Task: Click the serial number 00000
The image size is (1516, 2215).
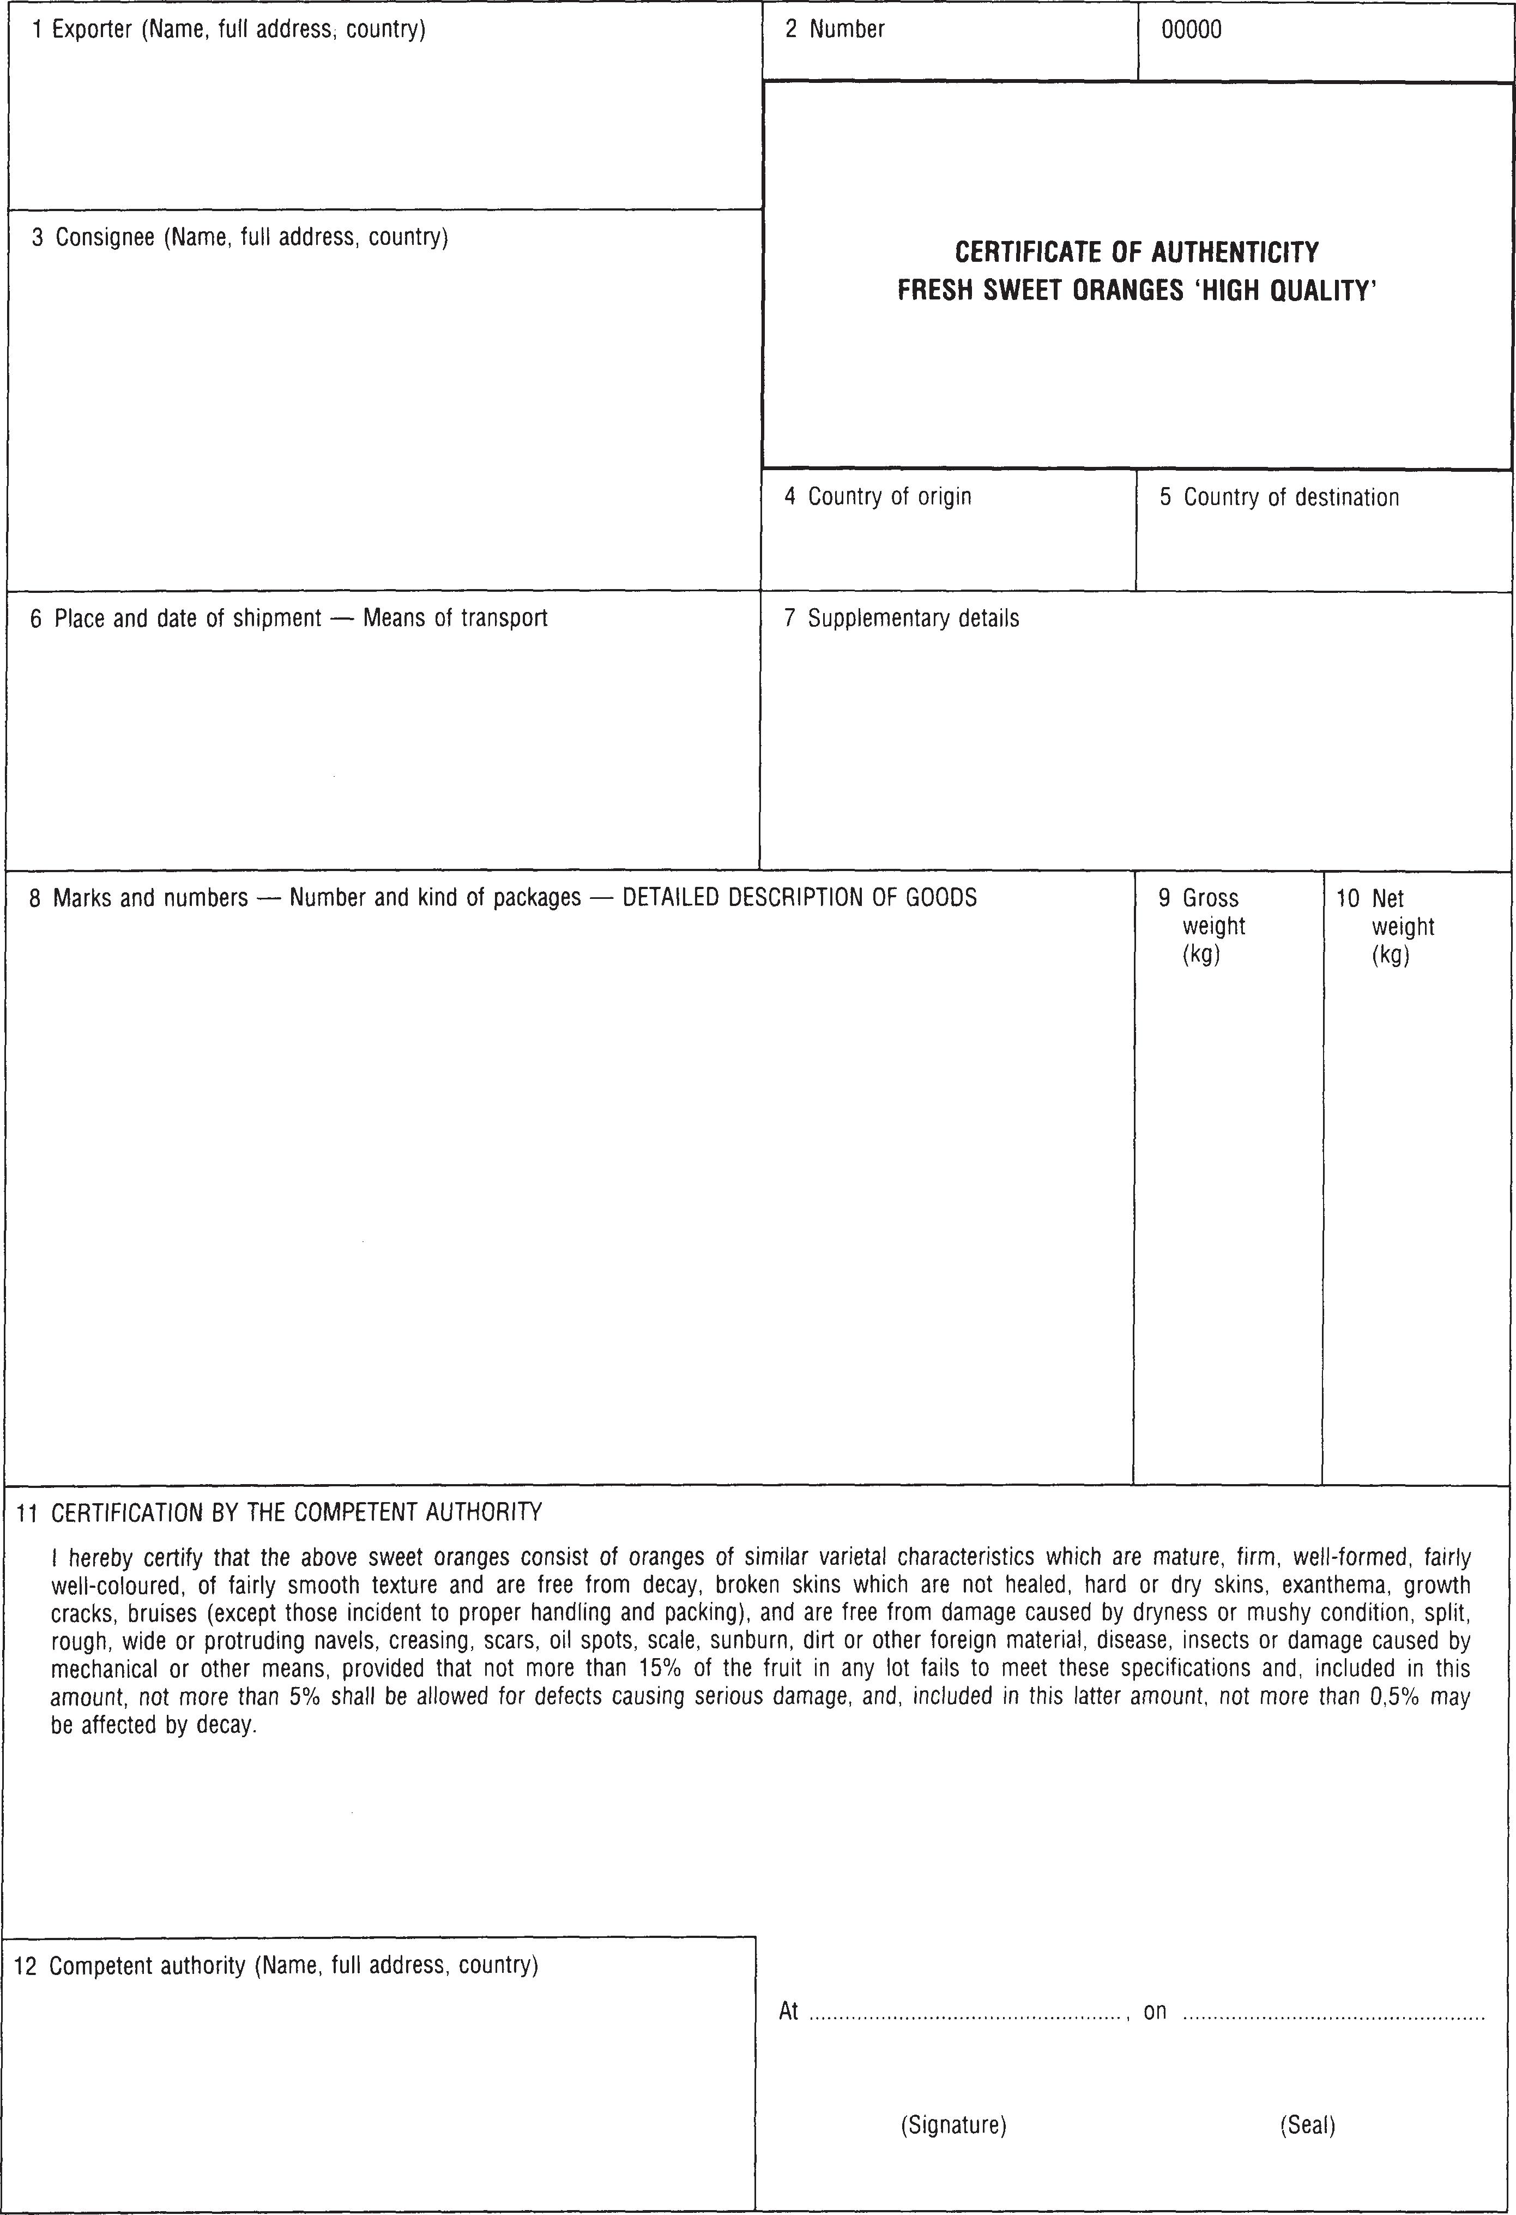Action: (x=1191, y=29)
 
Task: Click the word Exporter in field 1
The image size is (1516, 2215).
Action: (x=92, y=29)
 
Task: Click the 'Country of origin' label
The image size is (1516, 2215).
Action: (x=889, y=496)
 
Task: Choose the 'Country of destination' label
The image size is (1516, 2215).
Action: (x=1290, y=497)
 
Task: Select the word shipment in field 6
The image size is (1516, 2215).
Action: (x=276, y=619)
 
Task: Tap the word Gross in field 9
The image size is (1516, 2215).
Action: (x=1210, y=898)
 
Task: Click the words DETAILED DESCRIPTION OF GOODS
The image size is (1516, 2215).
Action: (x=800, y=898)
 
